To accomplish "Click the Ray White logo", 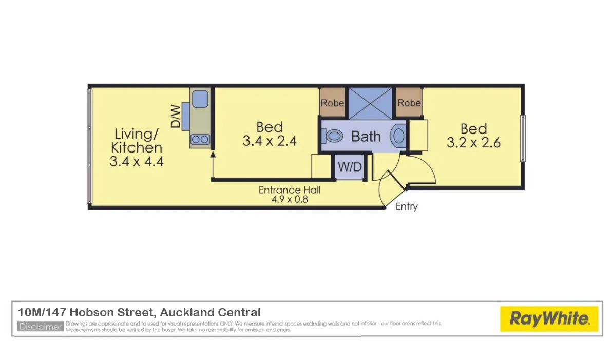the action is [x=549, y=319].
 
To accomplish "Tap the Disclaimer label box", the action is [x=41, y=327].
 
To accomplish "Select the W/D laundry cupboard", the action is [x=350, y=167].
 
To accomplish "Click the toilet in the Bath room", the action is [x=333, y=136].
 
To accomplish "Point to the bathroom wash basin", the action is [x=398, y=136].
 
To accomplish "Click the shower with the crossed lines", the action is [x=370, y=103].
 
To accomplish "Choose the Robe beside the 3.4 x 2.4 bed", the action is [x=332, y=102].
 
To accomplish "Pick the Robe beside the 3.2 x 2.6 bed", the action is [x=409, y=102].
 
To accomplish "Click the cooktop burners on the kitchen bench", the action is [x=200, y=139].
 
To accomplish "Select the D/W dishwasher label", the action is [x=176, y=116].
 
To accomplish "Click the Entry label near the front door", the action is [x=407, y=206].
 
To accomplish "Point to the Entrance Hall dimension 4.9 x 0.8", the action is [x=290, y=200].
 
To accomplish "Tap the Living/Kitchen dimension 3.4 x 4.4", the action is [x=137, y=161].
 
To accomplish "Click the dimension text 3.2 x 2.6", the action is [x=473, y=143].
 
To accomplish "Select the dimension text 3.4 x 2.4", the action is [x=270, y=141].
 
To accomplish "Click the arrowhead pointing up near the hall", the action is [x=213, y=155].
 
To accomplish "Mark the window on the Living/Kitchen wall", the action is [x=89, y=146].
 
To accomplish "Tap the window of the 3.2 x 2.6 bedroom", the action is [x=523, y=138].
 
